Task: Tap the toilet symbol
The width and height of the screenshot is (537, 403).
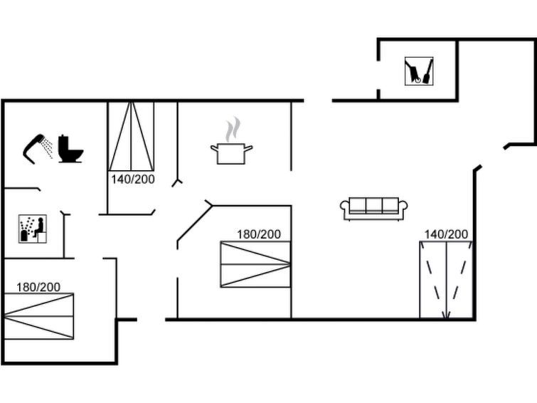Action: click(70, 149)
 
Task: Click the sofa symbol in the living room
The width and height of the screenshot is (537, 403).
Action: click(374, 208)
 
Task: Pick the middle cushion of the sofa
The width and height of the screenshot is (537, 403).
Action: click(374, 206)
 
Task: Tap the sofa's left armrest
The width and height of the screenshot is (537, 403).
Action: click(346, 208)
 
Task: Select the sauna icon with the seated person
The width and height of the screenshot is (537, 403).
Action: click(32, 229)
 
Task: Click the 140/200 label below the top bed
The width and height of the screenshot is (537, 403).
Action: click(132, 179)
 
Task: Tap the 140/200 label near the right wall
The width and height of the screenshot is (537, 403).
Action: click(446, 234)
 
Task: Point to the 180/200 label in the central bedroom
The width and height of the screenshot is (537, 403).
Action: click(259, 234)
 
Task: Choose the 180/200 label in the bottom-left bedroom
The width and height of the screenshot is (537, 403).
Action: click(38, 287)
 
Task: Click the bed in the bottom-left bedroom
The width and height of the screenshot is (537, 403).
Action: click(38, 316)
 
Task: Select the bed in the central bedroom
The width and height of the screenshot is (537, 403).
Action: click(255, 264)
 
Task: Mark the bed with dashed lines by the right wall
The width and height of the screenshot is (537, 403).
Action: click(446, 280)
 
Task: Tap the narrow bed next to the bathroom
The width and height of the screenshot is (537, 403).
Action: click(132, 136)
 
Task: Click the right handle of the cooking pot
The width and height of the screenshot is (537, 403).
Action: click(249, 147)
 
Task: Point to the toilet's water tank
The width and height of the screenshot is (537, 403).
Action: click(64, 140)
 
